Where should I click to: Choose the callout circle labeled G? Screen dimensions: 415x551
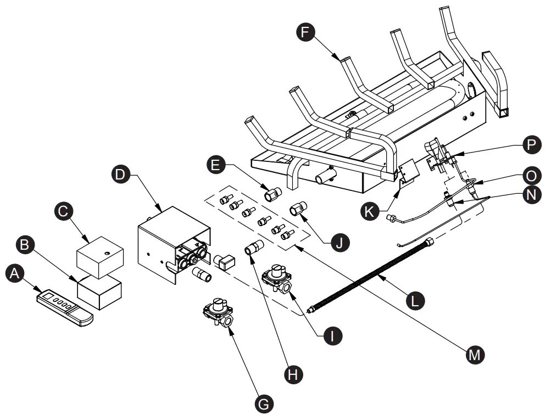coord(264,403)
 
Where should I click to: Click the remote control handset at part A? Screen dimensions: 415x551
coord(65,306)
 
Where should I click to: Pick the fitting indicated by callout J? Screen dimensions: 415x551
coord(299,209)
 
